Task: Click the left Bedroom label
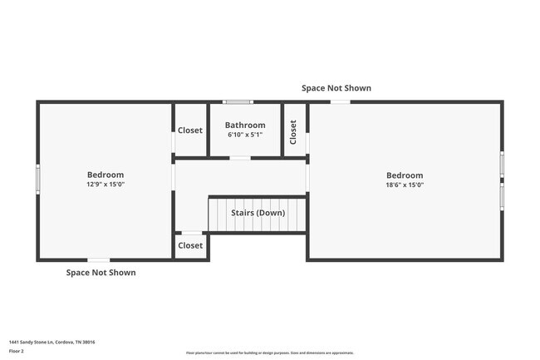pos(106,175)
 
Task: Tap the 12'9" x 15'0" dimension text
pos(106,185)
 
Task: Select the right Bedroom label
pos(405,175)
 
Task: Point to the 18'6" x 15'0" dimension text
pos(405,185)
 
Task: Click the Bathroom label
pos(245,126)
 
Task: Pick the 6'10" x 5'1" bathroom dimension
pos(245,135)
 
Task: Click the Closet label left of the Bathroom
pos(190,131)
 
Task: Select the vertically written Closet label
pos(293,131)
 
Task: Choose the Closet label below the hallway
pos(190,245)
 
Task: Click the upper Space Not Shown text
pos(336,88)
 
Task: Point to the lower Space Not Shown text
pos(101,273)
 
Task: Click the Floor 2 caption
pos(17,352)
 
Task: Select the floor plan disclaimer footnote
pos(269,353)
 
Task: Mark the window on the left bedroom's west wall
pos(37,179)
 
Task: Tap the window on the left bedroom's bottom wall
pos(98,260)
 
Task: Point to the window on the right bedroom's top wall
pos(340,102)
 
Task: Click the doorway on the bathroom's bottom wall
pos(240,158)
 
